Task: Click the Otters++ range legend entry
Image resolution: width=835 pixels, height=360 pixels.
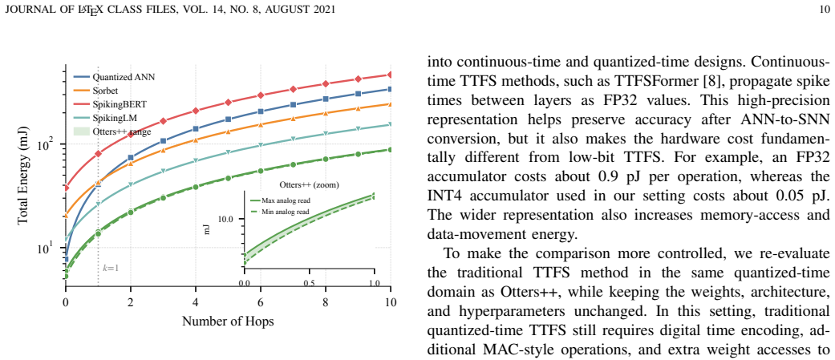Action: point(112,131)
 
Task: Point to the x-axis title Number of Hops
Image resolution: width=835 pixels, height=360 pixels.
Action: point(229,322)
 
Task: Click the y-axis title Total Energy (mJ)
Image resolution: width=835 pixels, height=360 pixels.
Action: point(23,179)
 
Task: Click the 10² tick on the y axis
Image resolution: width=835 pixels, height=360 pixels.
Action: point(50,144)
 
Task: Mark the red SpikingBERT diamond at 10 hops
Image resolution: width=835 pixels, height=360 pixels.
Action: point(391,75)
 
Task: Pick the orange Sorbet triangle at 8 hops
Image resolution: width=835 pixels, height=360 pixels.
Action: point(326,113)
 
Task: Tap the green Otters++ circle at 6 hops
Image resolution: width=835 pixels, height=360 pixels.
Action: point(261,171)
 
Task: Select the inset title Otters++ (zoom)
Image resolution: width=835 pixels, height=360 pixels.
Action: point(310,185)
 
